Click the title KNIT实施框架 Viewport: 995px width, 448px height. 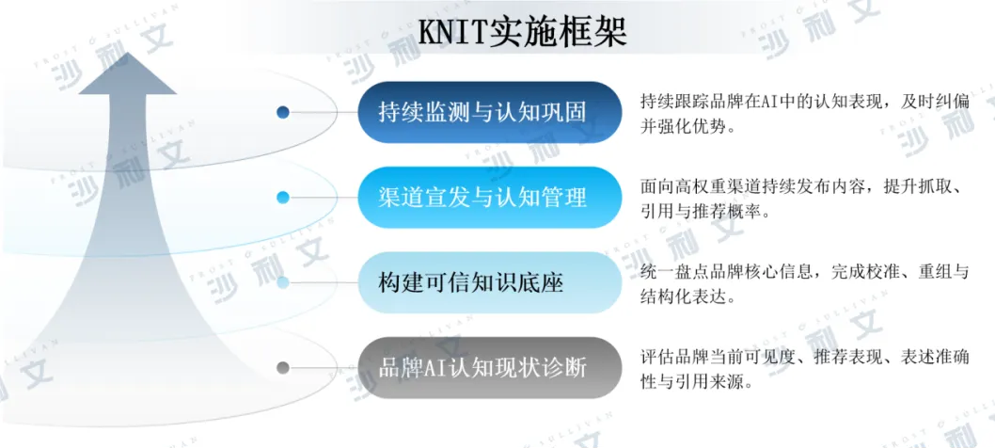pos(523,32)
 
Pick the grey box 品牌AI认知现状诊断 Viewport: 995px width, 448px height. pos(490,368)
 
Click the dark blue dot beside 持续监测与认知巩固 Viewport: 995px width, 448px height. pos(283,113)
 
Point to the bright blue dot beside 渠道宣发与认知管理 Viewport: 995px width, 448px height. pos(283,198)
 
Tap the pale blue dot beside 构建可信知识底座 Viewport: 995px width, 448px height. pos(283,282)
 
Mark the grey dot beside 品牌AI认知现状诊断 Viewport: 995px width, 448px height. pos(283,368)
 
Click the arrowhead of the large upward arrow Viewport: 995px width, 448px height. pos(128,73)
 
